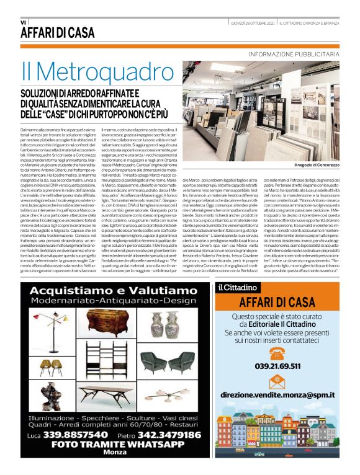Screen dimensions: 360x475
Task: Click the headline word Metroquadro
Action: coord(99,72)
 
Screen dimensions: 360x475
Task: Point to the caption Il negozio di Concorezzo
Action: coord(317,165)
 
